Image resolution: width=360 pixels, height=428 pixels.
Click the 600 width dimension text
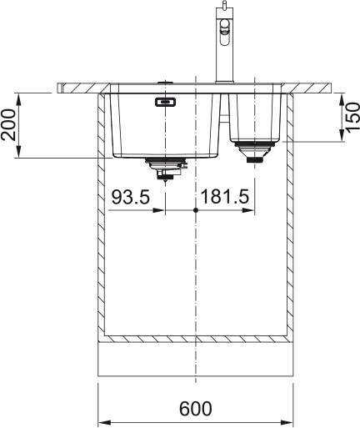pyautogui.click(x=196, y=408)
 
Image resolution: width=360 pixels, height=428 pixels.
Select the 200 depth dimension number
pyautogui.click(x=8, y=124)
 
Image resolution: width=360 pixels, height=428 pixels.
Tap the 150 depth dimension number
pyautogui.click(x=352, y=117)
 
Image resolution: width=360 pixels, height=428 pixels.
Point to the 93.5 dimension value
pyautogui.click(x=131, y=197)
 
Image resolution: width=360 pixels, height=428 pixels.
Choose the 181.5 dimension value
pyautogui.click(x=224, y=197)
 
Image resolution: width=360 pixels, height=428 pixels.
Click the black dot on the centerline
pyautogui.click(x=196, y=210)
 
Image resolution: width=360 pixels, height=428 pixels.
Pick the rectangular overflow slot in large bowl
pyautogui.click(x=165, y=102)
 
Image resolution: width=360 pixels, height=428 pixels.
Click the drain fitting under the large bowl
pyautogui.click(x=166, y=169)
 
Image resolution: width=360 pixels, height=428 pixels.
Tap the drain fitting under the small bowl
pyautogui.click(x=254, y=152)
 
